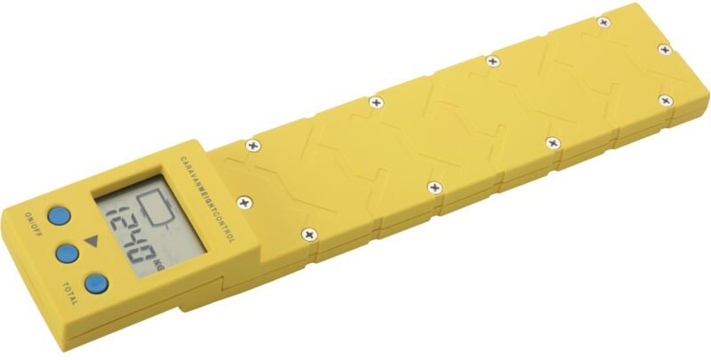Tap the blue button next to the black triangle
pyautogui.click(x=68, y=253)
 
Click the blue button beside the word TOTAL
pyautogui.click(x=97, y=284)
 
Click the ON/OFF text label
pyautogui.click(x=34, y=223)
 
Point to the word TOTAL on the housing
pyautogui.click(x=70, y=293)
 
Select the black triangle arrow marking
pyautogui.click(x=92, y=241)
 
